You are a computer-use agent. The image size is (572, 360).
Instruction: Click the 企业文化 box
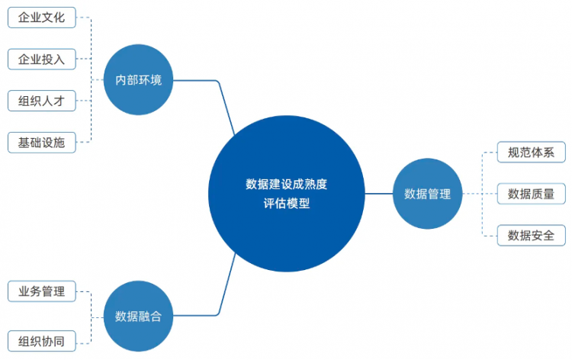point(42,18)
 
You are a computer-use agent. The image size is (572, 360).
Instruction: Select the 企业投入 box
point(42,59)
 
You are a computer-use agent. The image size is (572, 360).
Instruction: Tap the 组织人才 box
point(42,101)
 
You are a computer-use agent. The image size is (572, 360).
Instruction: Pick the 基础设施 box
point(42,143)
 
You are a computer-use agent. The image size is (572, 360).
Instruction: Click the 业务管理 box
point(42,291)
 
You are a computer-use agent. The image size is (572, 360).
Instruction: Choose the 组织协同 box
point(42,341)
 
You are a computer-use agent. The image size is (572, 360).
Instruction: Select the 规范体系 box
point(531,152)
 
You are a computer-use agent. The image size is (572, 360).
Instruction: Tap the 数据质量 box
point(531,194)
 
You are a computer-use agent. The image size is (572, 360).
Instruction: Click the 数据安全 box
point(531,235)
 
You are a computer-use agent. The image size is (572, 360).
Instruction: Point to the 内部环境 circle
point(138,80)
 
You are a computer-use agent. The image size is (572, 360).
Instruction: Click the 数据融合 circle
point(138,316)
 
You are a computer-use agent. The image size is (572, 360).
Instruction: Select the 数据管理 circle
point(427,194)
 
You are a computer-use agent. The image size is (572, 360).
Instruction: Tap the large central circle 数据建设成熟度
point(286,194)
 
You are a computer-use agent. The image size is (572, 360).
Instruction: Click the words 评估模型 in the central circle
point(286,203)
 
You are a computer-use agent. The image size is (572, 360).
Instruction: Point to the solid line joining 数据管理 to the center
point(378,194)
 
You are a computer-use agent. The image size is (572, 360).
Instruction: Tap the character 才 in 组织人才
point(59,101)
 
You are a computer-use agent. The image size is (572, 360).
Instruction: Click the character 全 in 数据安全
point(548,235)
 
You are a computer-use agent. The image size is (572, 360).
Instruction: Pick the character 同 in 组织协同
point(59,341)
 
